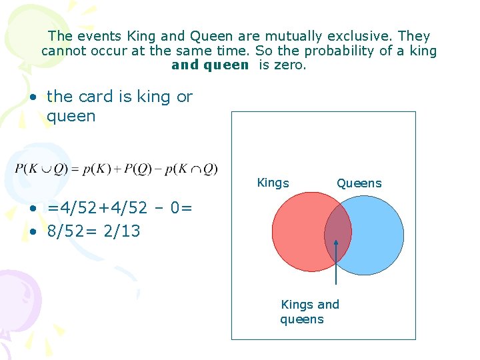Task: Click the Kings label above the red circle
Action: click(273, 183)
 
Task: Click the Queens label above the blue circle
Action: click(359, 183)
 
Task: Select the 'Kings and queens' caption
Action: click(310, 312)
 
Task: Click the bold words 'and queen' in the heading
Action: click(210, 65)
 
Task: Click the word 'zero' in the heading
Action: click(290, 65)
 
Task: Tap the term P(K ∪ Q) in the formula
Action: click(39, 169)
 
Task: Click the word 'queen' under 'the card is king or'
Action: click(71, 116)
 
